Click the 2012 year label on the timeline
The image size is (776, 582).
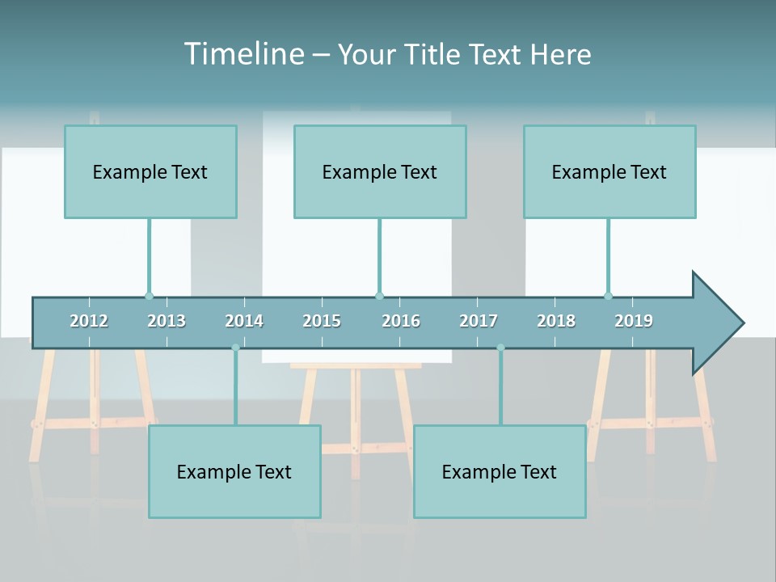point(89,321)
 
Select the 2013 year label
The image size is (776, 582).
point(167,321)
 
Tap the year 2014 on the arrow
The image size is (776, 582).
point(244,321)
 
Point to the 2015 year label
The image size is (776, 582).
point(322,321)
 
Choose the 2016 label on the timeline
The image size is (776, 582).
point(401,321)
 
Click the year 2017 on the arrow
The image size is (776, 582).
point(479,321)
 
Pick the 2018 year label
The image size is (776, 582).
point(556,321)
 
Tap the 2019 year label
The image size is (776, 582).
point(634,321)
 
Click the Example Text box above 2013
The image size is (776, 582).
point(150,171)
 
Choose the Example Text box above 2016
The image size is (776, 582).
point(380,171)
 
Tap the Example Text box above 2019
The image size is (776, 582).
point(609,171)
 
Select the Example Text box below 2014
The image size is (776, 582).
point(234,471)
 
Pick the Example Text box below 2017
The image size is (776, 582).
point(500,471)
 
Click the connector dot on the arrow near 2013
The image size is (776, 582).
point(149,296)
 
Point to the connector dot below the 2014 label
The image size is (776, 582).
point(235,348)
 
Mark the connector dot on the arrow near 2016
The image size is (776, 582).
point(379,296)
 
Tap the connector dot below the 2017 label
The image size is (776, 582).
point(500,348)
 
